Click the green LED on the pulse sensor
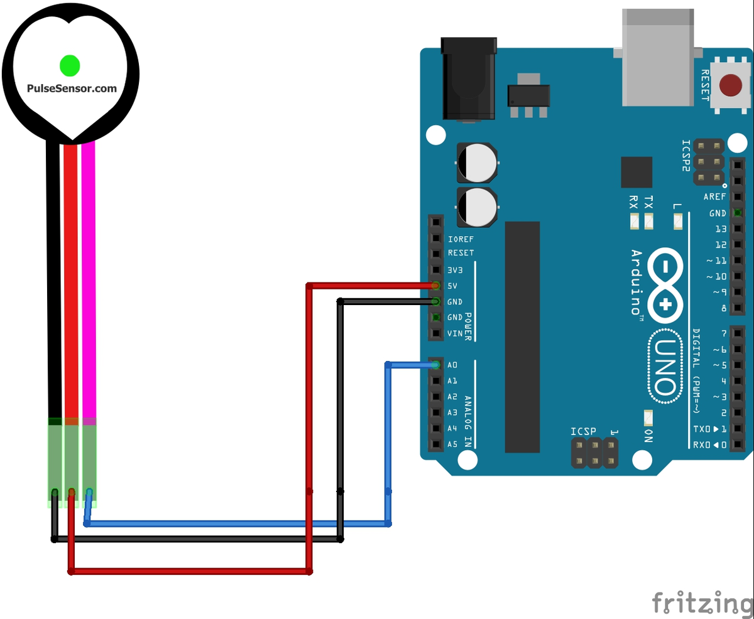69,64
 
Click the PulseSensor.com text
72,89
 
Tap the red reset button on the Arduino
729,85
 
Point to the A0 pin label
452,365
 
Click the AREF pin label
714,196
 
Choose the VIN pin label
455,333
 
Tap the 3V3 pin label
456,270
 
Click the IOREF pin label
461,239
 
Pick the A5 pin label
452,444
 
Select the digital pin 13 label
720,229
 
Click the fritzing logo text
702,602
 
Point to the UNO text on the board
665,365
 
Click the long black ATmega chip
522,336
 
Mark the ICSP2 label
686,155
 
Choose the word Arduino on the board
636,282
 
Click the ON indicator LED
648,417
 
